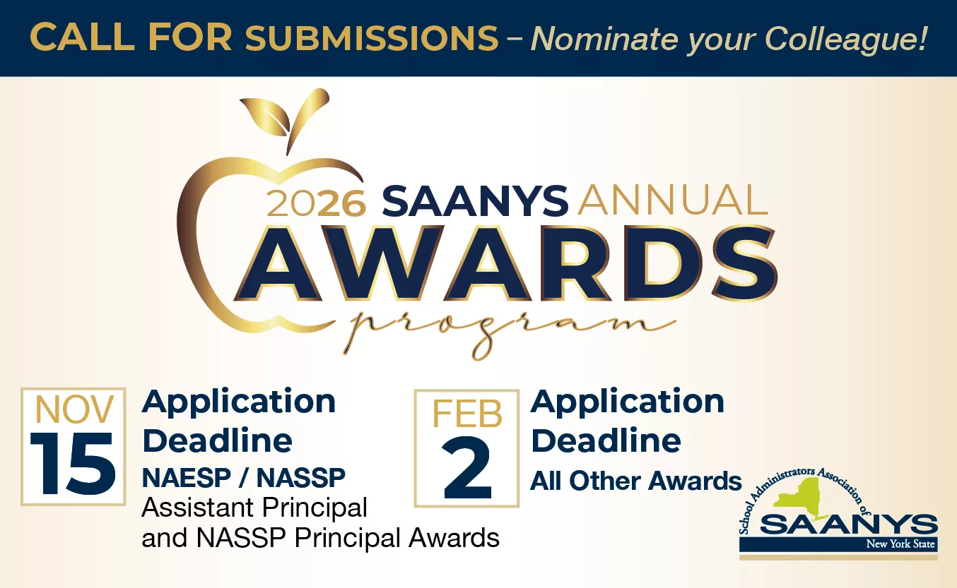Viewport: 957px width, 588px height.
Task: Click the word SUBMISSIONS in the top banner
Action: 372,37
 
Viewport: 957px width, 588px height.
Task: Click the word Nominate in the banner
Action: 604,38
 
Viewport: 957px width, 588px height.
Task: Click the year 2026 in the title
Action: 316,203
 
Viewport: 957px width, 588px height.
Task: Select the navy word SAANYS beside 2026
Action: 475,200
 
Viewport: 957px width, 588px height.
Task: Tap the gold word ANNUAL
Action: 673,200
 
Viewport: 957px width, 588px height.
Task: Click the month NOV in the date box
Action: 74,409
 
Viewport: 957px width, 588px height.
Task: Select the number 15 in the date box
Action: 73,464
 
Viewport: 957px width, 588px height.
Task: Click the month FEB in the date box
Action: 467,414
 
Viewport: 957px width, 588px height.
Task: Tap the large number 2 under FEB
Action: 467,468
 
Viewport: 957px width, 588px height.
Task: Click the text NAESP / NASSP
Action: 244,477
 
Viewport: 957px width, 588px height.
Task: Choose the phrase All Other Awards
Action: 635,481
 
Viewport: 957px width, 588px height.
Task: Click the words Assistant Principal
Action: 254,508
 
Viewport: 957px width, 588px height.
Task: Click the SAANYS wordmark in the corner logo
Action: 848,524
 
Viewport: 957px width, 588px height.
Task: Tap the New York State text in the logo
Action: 900,544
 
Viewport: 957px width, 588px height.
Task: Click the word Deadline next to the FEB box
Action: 606,440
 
